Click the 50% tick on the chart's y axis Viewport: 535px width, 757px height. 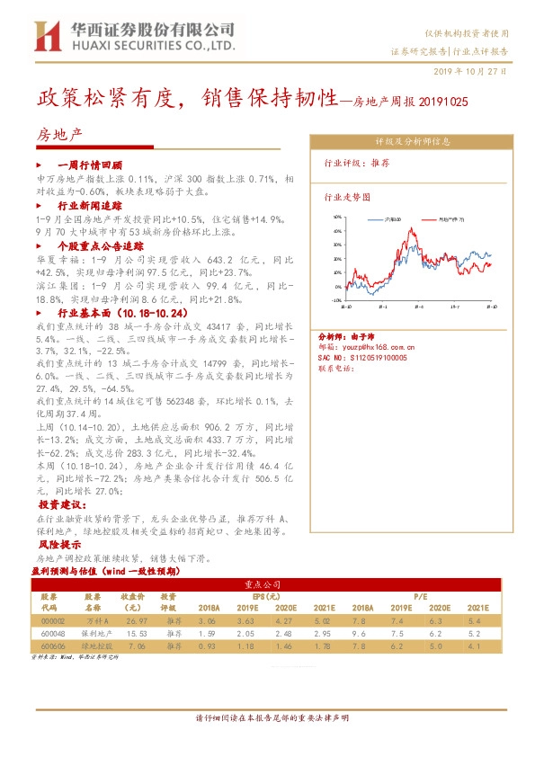coord(336,217)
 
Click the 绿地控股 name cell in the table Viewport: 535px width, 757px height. coord(93,646)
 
